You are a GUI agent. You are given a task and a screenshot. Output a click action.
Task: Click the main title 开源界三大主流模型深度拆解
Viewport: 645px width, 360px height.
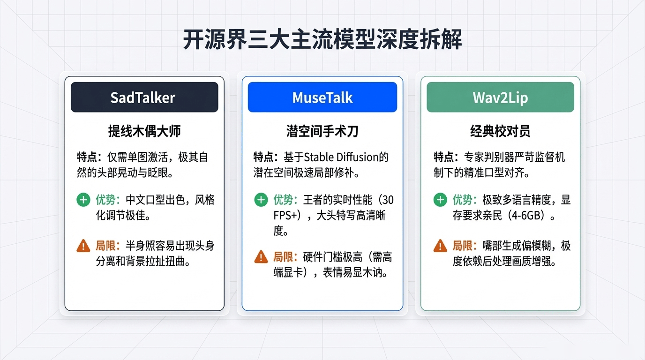(x=322, y=40)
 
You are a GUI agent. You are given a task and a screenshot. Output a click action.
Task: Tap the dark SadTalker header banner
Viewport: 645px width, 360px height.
(x=144, y=97)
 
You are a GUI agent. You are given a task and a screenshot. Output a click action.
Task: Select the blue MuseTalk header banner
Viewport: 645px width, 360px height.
(x=322, y=97)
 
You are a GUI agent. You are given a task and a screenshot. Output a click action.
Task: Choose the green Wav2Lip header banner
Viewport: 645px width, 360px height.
(x=500, y=97)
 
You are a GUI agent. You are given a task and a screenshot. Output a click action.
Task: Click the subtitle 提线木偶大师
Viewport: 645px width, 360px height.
(x=144, y=131)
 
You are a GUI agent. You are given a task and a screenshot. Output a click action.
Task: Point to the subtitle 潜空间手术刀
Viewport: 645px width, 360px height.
(x=322, y=131)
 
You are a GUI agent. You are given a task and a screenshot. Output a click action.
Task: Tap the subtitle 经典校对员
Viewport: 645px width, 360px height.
(x=500, y=131)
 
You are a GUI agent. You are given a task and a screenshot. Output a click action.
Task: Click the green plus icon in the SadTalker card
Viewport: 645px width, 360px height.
(x=83, y=200)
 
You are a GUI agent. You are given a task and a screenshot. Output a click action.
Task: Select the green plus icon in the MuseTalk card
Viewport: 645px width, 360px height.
(x=261, y=200)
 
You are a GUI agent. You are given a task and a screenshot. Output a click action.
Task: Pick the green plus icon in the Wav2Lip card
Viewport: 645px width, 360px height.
(x=440, y=200)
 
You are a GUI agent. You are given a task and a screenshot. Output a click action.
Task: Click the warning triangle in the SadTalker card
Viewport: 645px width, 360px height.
(x=83, y=245)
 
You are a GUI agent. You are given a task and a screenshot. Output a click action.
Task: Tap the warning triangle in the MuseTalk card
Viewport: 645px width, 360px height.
(x=261, y=256)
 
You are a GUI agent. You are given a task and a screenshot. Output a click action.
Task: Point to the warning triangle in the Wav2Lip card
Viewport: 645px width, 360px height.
(x=440, y=245)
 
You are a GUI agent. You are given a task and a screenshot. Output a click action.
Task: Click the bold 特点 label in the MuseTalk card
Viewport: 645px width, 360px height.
(x=265, y=157)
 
